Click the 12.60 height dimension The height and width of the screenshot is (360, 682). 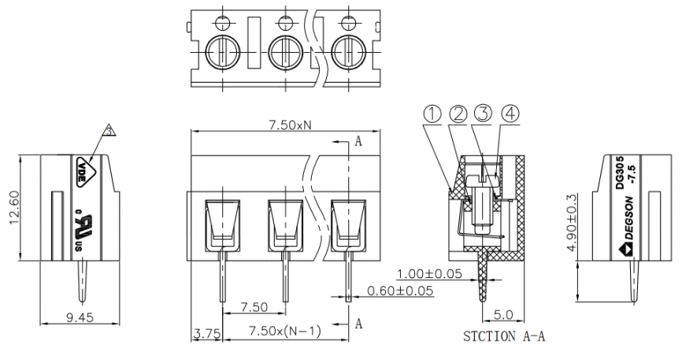click(15, 208)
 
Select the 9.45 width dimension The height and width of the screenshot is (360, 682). click(80, 317)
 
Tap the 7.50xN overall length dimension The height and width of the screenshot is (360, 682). click(290, 125)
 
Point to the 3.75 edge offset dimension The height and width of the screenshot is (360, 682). click(206, 334)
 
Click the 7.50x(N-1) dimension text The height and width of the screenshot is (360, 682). click(284, 331)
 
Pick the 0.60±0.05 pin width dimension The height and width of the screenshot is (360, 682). click(400, 291)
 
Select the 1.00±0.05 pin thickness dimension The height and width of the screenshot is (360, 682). click(429, 273)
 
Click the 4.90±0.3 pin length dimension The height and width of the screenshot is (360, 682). click(571, 223)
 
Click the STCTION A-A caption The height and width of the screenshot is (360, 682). click(504, 336)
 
